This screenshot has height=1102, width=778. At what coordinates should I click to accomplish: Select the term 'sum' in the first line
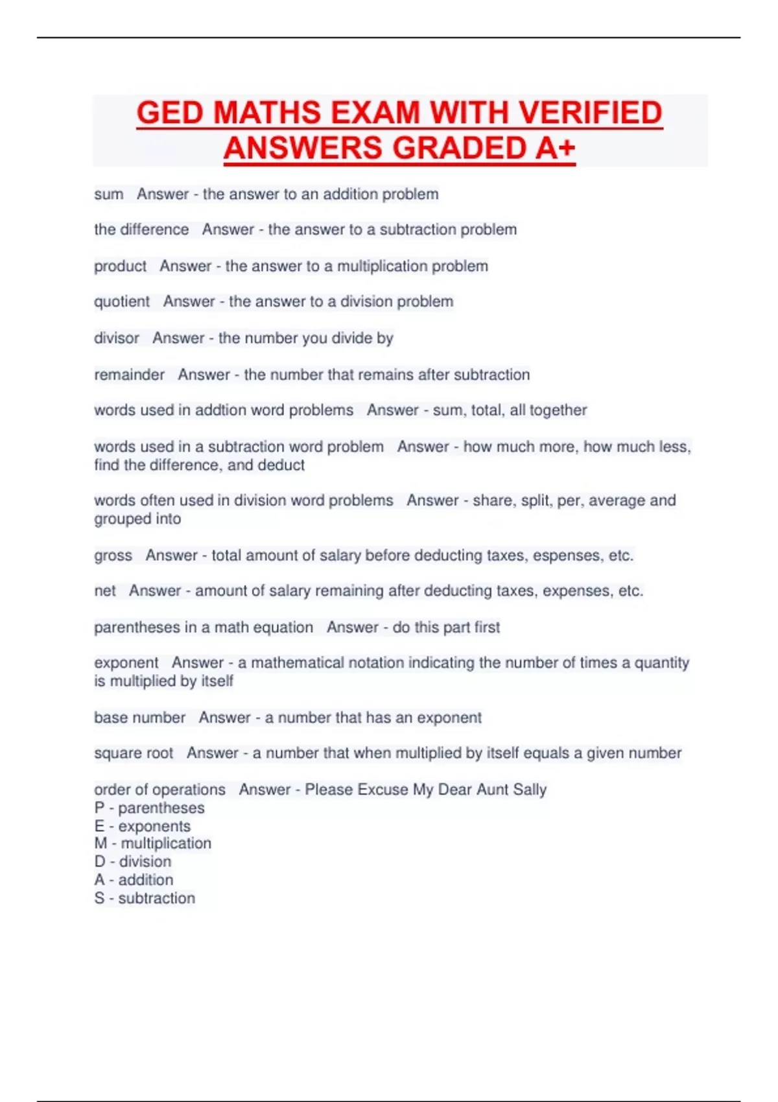coord(108,194)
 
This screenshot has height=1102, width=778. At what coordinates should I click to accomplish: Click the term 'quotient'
coord(122,302)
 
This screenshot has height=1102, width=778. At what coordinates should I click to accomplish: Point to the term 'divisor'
coord(117,338)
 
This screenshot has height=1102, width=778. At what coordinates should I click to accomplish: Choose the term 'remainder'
coord(129,375)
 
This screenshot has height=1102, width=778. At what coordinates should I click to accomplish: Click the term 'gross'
coord(113,556)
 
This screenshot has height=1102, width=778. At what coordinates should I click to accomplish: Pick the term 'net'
coord(105,591)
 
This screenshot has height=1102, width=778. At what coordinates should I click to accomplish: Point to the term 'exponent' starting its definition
coord(126,663)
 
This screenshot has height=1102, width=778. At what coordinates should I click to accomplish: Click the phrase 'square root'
coord(134,753)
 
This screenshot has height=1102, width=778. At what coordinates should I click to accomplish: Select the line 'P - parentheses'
coord(149,808)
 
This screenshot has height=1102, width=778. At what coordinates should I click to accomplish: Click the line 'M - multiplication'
coord(153,843)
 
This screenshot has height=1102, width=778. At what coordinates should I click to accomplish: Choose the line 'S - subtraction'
coord(145,898)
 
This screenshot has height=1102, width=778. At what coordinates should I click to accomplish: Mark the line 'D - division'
coord(133,862)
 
